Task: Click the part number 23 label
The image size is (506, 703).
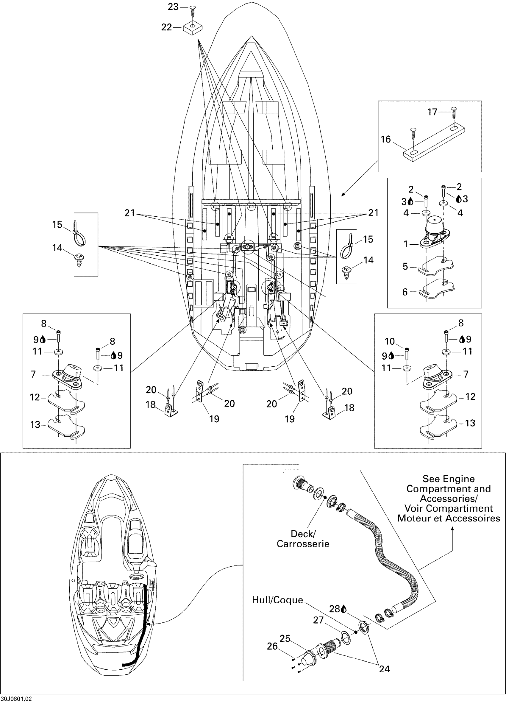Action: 173,7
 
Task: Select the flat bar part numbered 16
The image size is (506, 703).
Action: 436,141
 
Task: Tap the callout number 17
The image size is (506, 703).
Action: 432,112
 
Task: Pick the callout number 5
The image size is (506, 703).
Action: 405,266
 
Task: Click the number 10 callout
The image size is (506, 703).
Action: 389,341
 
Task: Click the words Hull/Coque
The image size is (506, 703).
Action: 277,600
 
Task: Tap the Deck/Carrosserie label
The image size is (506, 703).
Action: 303,539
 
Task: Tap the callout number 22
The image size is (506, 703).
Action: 166,27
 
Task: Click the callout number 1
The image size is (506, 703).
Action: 405,244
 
